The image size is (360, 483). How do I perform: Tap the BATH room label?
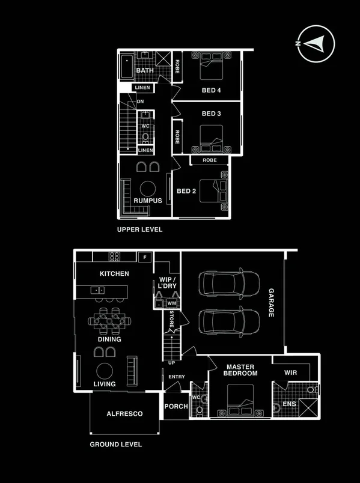pyautogui.click(x=145, y=71)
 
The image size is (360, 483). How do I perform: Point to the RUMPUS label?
pyautogui.click(x=148, y=201)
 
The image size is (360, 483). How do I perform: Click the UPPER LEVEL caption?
pyautogui.click(x=140, y=229)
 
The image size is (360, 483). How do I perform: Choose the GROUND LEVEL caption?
pyautogui.click(x=116, y=445)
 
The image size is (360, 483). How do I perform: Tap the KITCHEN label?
pyautogui.click(x=114, y=274)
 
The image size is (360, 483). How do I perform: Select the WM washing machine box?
pyautogui.click(x=171, y=303)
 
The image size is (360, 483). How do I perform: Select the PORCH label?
pyautogui.click(x=176, y=407)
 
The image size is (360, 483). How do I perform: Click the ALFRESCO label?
pyautogui.click(x=124, y=414)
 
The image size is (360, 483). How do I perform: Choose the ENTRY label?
pyautogui.click(x=177, y=377)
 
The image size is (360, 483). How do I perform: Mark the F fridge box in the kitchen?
pyautogui.click(x=144, y=257)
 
